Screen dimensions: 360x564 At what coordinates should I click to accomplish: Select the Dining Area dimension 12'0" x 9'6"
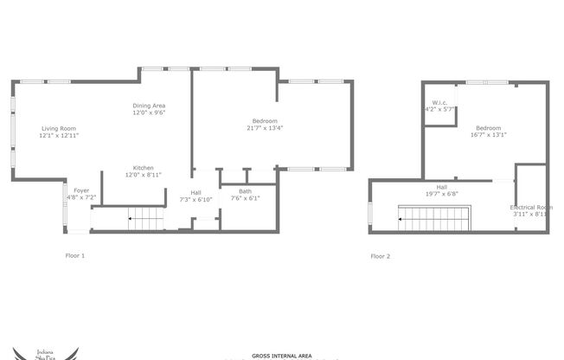(149, 112)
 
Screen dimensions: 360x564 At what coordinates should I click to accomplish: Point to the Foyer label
(80, 190)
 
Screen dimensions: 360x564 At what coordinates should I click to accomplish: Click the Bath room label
(246, 191)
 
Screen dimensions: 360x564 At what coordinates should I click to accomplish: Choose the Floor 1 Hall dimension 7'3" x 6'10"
(195, 199)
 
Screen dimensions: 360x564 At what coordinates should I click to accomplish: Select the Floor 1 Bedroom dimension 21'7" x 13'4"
(265, 128)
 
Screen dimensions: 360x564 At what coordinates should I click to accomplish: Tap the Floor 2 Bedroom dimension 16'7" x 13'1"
(489, 135)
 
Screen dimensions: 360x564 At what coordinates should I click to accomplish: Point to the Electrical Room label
(530, 207)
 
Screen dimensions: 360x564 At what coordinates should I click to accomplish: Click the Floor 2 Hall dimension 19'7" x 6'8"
(441, 194)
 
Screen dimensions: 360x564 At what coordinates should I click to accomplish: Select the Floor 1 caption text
(75, 256)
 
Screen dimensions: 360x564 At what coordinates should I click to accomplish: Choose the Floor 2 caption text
(381, 256)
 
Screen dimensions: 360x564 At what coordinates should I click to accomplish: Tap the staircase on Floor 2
(433, 219)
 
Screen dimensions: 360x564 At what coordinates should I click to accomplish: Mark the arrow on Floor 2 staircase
(401, 219)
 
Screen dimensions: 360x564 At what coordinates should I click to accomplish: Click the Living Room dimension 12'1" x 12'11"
(59, 136)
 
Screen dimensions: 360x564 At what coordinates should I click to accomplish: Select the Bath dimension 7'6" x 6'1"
(246, 199)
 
